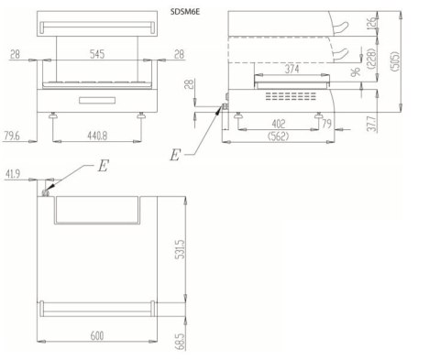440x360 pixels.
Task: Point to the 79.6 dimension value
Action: click(11, 136)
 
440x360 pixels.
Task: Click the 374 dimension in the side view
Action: click(291, 68)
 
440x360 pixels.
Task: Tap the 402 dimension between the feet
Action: click(280, 124)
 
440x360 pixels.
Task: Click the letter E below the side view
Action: click(175, 155)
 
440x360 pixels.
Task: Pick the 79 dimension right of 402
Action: click(327, 124)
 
